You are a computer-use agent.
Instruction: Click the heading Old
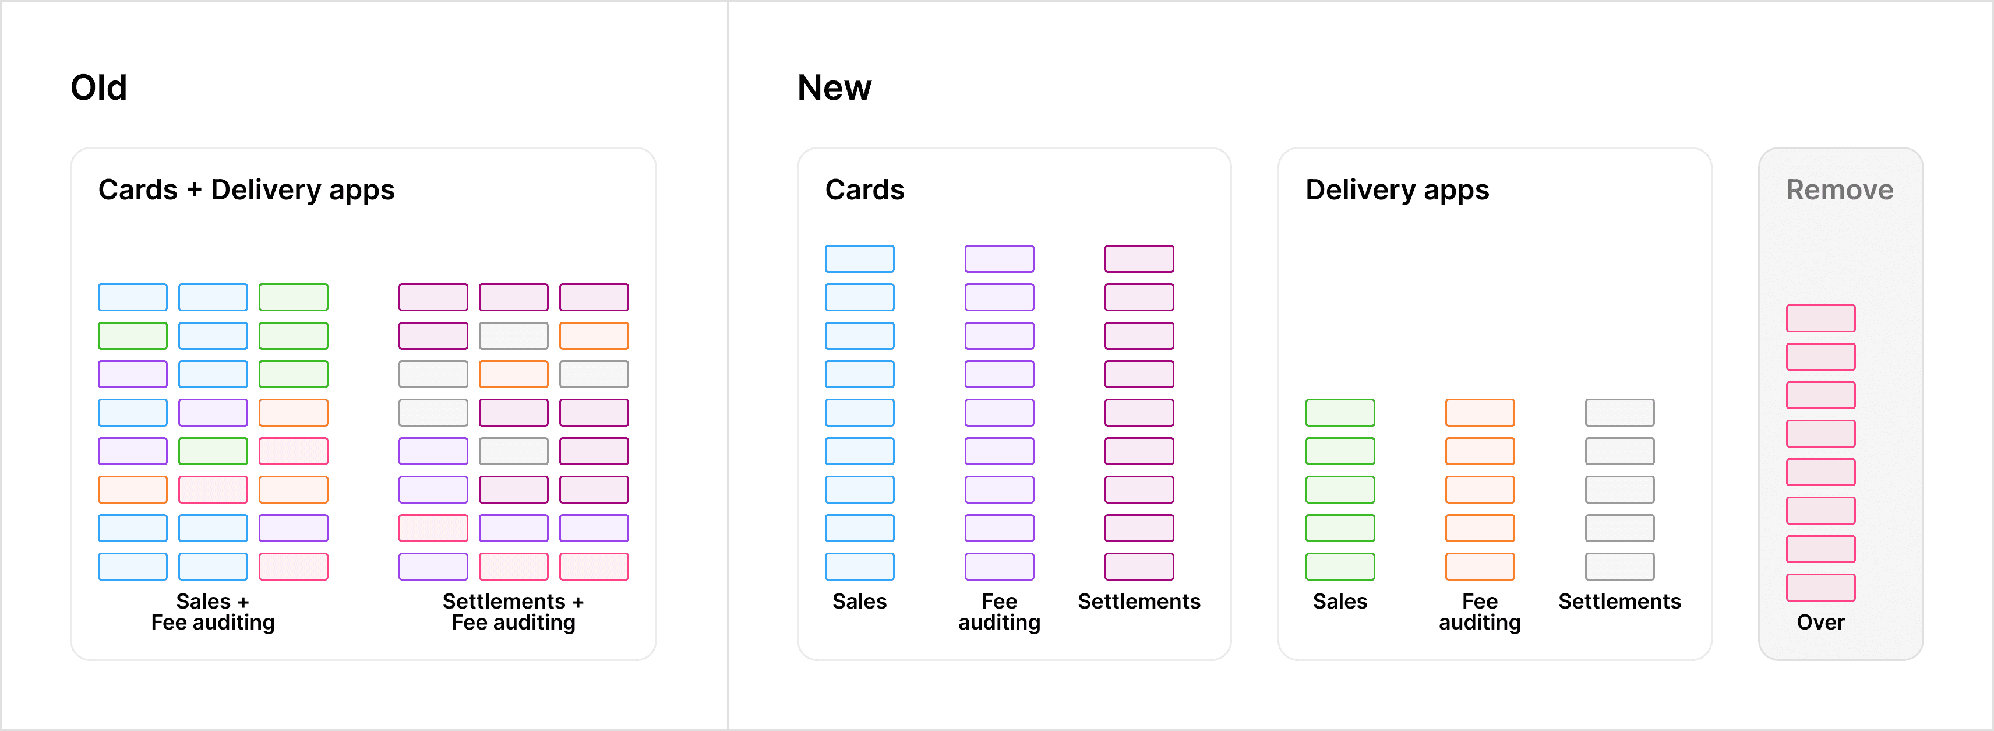tap(98, 87)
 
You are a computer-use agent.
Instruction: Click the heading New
tap(834, 87)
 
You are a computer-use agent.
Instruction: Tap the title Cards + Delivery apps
tap(246, 189)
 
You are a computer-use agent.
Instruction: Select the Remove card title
tap(1839, 189)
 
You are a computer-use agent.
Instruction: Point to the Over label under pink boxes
tap(1820, 622)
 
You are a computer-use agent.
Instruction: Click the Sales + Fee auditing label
tap(213, 611)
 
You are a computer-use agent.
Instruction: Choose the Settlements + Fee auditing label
tap(513, 611)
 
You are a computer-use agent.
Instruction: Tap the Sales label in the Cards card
tap(859, 601)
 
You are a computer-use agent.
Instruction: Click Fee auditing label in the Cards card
tap(998, 611)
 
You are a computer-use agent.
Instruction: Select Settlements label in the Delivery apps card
tap(1619, 601)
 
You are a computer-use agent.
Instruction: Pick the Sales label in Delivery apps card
tap(1340, 601)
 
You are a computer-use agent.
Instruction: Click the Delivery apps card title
tap(1396, 189)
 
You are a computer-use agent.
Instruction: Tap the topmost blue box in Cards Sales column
tap(859, 259)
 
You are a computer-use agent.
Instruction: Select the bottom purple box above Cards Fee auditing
tap(998, 566)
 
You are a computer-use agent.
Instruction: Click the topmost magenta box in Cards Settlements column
tap(1139, 259)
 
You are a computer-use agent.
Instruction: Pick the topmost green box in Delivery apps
tap(1340, 413)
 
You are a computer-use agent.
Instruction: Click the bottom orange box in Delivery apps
tap(1479, 566)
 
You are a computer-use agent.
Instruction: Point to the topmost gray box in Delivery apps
tap(1619, 413)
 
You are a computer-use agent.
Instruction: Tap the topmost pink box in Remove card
tap(1820, 318)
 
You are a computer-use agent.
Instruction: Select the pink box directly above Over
tap(1820, 587)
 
